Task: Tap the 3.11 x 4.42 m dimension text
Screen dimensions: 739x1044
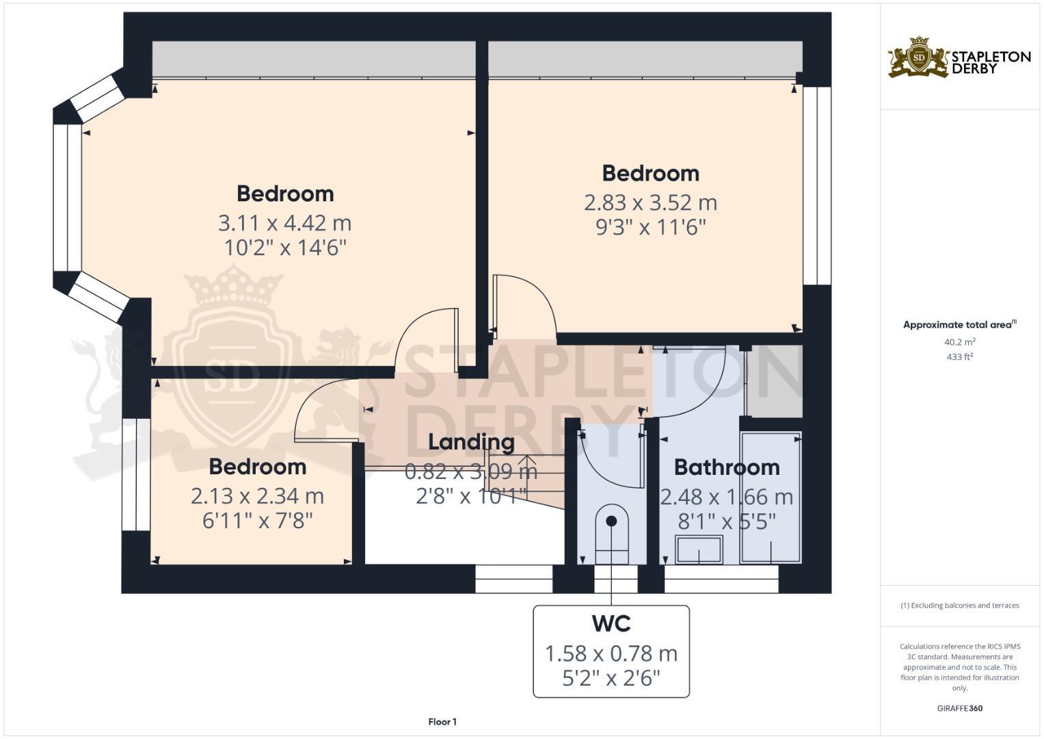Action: click(284, 223)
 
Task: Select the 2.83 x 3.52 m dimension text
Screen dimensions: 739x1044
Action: click(650, 203)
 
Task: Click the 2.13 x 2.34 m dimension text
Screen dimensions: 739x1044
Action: click(257, 495)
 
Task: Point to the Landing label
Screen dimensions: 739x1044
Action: click(471, 442)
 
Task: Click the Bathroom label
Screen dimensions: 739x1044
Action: click(727, 467)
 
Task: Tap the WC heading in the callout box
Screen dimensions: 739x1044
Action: click(611, 623)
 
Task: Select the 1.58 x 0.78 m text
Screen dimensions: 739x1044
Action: click(611, 653)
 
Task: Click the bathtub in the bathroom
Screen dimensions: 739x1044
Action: click(771, 497)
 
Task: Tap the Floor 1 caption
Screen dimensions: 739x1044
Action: click(442, 722)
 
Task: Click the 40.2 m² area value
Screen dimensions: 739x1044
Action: click(959, 341)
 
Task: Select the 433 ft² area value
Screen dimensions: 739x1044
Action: click(959, 356)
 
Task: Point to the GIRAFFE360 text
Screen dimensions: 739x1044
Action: click(959, 708)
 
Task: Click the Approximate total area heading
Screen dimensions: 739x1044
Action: click(959, 325)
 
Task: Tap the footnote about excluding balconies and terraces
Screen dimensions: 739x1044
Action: click(959, 606)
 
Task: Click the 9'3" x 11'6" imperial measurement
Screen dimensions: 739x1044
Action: click(650, 227)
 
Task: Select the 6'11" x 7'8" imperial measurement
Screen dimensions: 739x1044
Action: click(257, 521)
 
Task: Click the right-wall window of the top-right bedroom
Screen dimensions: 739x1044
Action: click(816, 185)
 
